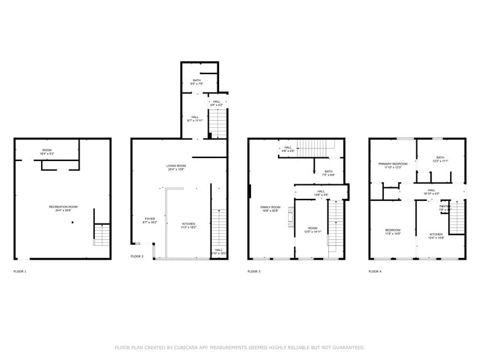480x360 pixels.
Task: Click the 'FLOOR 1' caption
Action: coord(20,271)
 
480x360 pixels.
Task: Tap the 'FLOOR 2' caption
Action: coord(137,257)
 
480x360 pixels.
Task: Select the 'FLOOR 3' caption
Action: coord(254,271)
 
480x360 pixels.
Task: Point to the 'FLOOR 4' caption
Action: coord(375,271)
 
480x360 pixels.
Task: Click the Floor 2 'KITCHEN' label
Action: coord(189,225)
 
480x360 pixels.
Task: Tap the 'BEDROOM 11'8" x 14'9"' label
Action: coord(392,231)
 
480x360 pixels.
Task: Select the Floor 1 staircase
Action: coord(102,234)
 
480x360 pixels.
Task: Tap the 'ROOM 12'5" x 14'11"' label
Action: coord(313,230)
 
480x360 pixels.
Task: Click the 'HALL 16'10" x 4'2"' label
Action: coord(432,192)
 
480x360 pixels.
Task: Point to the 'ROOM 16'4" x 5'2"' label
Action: coord(47,151)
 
